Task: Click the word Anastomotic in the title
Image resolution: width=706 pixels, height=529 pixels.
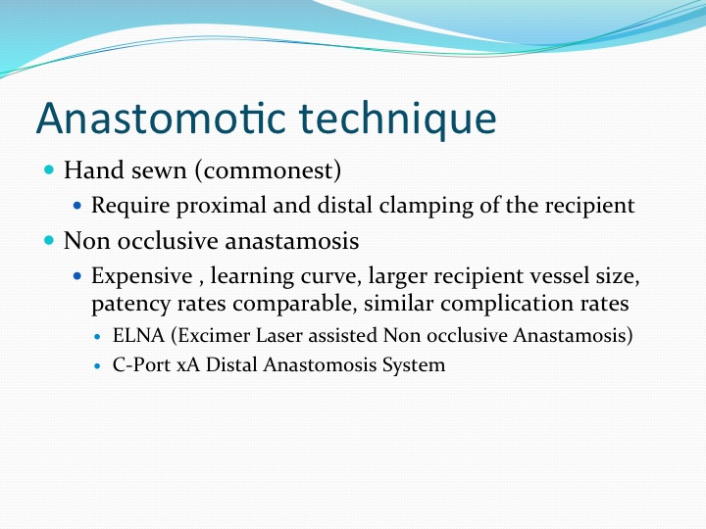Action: [x=161, y=118]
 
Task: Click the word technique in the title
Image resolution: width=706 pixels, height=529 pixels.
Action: [x=397, y=120]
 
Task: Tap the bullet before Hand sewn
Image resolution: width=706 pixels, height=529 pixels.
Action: [x=49, y=170]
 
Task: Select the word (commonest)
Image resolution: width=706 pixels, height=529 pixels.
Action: [x=268, y=170]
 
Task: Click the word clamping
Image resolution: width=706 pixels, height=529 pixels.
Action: [x=426, y=206]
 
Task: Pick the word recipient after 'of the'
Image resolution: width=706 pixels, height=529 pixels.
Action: [x=590, y=206]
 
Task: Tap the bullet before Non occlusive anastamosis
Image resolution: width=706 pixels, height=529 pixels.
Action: [x=49, y=241]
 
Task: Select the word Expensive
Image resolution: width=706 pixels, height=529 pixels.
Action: [x=142, y=276]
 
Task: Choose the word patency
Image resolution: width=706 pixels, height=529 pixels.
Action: [x=131, y=304]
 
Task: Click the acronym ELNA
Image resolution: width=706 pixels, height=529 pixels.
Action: [x=138, y=336]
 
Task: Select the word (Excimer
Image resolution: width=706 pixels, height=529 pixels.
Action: [x=211, y=336]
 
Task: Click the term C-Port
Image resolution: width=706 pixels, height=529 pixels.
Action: [x=142, y=364]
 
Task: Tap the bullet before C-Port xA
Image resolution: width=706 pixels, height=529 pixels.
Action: [x=98, y=366]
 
